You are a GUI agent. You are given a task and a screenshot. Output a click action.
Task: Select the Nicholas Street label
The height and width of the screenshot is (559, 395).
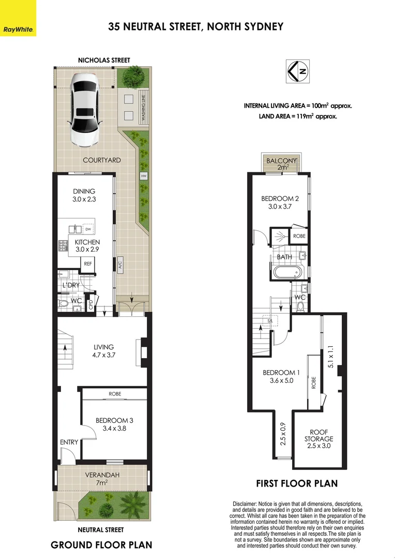point(104,61)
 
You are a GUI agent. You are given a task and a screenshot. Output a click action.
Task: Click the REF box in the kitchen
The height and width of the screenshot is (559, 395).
point(86,263)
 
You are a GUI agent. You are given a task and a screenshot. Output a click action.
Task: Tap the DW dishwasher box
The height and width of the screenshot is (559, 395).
point(88,229)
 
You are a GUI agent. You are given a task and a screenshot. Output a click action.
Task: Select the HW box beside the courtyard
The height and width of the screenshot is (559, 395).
point(143,176)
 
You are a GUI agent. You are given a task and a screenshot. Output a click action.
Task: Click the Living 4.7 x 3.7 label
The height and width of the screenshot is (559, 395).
point(103,351)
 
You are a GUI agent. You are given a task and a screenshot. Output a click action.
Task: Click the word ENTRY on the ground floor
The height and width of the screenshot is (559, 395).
point(69,442)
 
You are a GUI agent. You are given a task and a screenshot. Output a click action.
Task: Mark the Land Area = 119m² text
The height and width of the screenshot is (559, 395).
point(298,116)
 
